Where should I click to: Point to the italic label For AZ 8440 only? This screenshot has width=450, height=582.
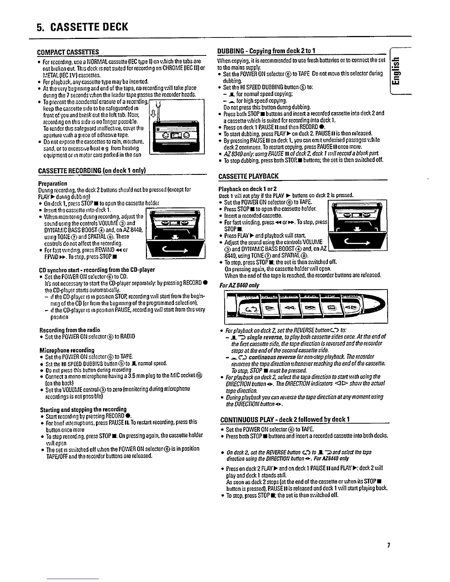[234, 285]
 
